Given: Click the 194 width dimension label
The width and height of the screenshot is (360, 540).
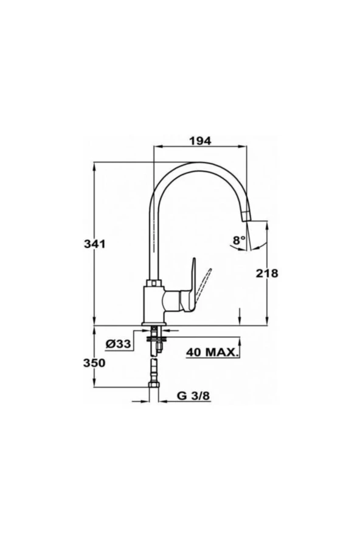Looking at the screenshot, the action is [200, 141].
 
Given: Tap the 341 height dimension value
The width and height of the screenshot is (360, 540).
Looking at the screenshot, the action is [94, 244].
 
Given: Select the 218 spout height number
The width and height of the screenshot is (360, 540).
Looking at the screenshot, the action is [266, 273].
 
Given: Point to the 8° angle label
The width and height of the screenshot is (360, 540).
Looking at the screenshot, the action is [239, 240].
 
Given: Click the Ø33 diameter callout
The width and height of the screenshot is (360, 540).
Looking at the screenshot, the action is [118, 344].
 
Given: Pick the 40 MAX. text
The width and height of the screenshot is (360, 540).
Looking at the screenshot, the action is [213, 352].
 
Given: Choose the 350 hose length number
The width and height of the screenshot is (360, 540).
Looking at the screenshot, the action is [94, 362].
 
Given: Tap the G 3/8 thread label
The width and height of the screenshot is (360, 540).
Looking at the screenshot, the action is [193, 396].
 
